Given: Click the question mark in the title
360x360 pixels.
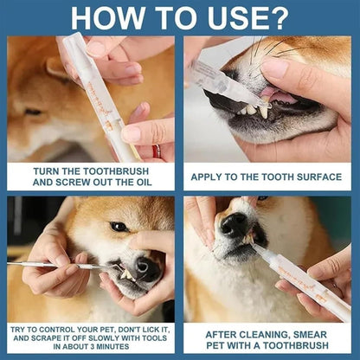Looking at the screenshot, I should pyautogui.click(x=280, y=16).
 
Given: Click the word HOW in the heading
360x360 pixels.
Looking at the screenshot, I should pyautogui.click(x=103, y=16).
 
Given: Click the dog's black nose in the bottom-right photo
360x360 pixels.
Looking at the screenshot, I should pyautogui.click(x=233, y=228).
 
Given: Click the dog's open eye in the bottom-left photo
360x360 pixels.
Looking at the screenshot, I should pyautogui.click(x=119, y=227).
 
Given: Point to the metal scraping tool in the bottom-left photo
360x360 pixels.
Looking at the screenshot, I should pyautogui.click(x=52, y=265).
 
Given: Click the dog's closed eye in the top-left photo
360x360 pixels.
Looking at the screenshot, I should pyautogui.click(x=33, y=112).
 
